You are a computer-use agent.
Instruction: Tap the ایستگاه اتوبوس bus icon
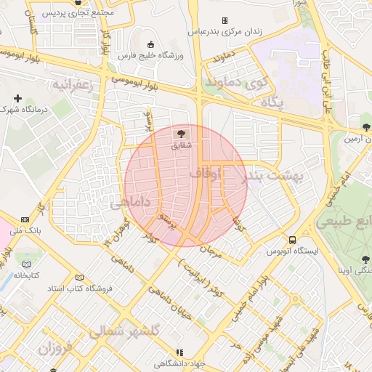pos(292,240)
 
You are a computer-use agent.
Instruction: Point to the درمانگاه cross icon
pos(17,98)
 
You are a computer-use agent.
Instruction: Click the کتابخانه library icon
pos(27,264)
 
